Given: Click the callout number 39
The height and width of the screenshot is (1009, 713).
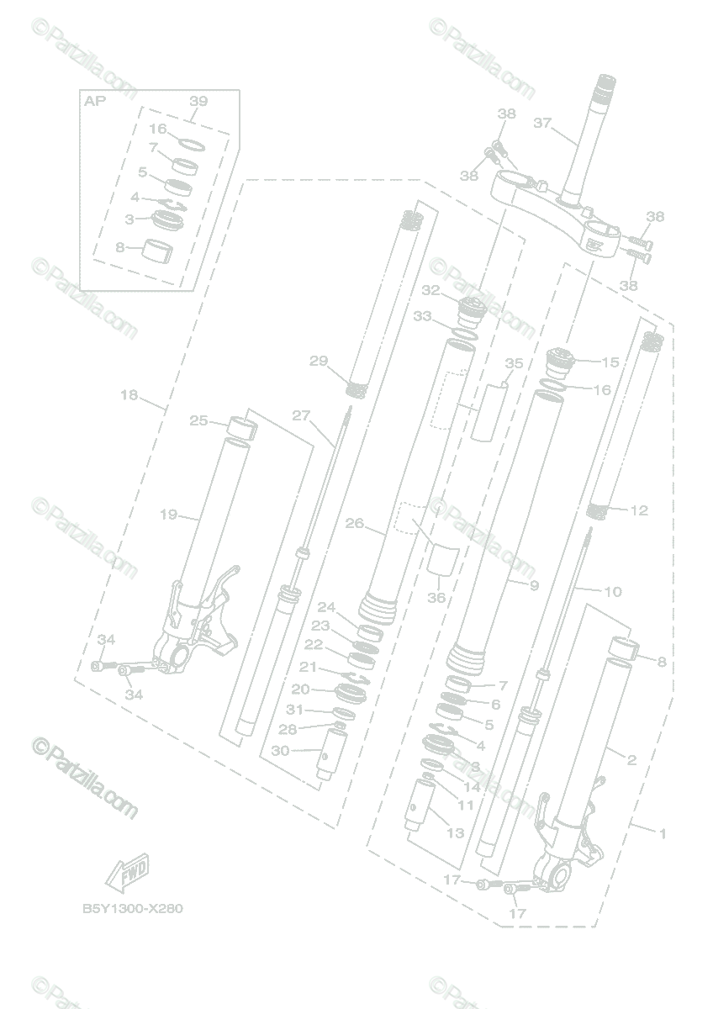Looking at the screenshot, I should click(x=198, y=101).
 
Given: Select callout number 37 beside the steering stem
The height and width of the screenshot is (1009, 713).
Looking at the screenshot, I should click(x=542, y=123).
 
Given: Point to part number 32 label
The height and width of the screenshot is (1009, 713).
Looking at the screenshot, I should click(x=431, y=290).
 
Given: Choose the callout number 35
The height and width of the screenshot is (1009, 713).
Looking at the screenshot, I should click(x=514, y=363).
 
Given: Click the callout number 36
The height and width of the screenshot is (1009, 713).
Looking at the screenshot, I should click(x=436, y=598).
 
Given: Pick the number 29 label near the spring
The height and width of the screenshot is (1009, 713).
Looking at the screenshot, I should click(x=318, y=362).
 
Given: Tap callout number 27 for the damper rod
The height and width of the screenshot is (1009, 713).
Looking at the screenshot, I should click(x=301, y=415).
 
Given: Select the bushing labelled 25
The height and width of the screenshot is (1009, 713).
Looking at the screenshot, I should click(x=240, y=430).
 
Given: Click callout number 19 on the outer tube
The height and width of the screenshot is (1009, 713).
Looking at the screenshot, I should click(x=168, y=515).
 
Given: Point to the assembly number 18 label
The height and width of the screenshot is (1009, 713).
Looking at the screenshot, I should click(x=129, y=395).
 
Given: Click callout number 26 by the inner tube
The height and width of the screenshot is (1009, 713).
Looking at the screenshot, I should click(x=354, y=523).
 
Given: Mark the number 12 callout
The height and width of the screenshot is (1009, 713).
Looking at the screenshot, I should click(x=639, y=510).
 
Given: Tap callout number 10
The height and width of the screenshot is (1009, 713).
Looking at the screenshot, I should click(x=612, y=592).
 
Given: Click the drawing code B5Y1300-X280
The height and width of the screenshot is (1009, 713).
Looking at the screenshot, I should click(x=132, y=908).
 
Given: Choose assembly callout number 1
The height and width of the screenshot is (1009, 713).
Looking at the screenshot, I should click(x=662, y=833).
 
